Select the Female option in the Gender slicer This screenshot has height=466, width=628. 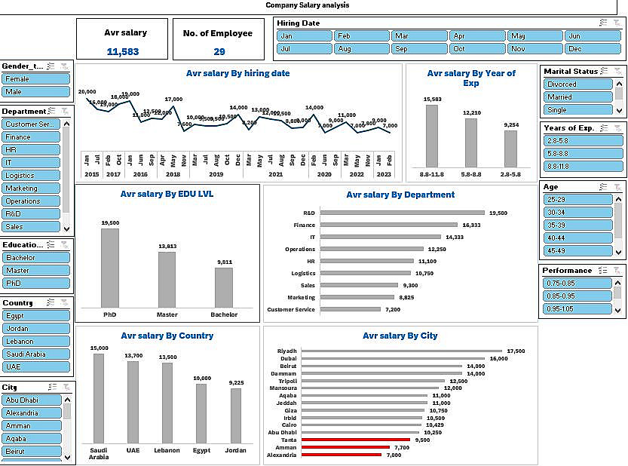tap(36, 78)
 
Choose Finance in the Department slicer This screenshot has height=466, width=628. tap(31, 137)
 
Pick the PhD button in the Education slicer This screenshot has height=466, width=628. tap(36, 283)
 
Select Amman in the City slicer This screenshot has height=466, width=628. tap(31, 426)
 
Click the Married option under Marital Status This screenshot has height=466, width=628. tap(577, 97)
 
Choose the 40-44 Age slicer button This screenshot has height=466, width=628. tap(577, 238)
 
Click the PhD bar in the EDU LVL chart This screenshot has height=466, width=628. tap(110, 268)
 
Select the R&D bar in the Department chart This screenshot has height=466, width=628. tap(402, 213)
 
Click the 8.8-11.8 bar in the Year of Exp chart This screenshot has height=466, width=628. tap(432, 136)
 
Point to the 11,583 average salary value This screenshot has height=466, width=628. tap(124, 51)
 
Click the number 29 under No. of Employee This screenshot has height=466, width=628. tap(219, 51)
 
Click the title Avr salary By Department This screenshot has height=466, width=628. tap(400, 195)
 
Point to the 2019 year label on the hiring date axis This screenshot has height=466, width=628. tap(216, 174)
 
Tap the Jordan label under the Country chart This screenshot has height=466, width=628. tap(236, 450)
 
